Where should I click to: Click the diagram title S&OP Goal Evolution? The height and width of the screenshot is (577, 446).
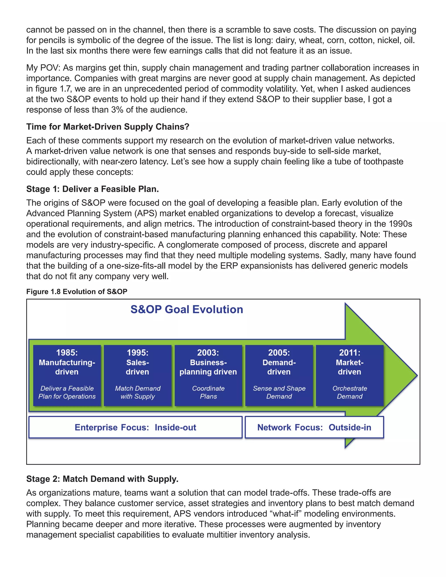pyautogui.click(x=187, y=309)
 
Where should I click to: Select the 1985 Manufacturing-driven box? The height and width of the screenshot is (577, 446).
pyautogui.click(x=67, y=375)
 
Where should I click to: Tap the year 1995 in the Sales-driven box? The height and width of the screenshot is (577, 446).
pyautogui.click(x=137, y=353)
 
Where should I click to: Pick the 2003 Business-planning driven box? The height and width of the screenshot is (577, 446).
pyautogui.click(x=208, y=375)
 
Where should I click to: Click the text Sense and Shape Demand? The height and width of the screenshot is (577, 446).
pyautogui.click(x=279, y=392)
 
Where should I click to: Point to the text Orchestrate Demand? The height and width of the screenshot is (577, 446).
pyautogui.click(x=350, y=392)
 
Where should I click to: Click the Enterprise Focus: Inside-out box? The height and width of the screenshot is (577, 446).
pyautogui.click(x=135, y=427)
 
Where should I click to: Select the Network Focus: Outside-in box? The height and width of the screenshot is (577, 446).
pyautogui.click(x=314, y=427)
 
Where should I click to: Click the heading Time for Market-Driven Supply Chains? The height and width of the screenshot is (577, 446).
pyautogui.click(x=108, y=127)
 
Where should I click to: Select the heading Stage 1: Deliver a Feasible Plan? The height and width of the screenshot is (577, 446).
pyautogui.click(x=93, y=189)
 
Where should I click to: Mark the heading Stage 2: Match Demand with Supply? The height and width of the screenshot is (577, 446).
pyautogui.click(x=102, y=479)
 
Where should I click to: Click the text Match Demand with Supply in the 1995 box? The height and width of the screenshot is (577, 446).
pyautogui.click(x=137, y=392)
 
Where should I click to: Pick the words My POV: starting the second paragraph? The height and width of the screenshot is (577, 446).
pyautogui.click(x=43, y=68)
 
